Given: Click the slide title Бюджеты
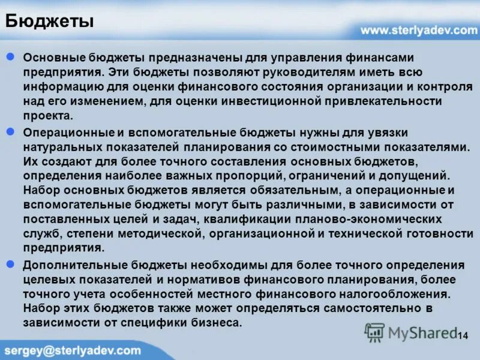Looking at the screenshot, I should pos(49,22).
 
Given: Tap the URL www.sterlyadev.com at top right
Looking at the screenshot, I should pos(418,30).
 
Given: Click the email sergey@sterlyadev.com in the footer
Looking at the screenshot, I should pos(73,350).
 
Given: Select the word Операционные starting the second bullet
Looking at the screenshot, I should pos(63,132).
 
